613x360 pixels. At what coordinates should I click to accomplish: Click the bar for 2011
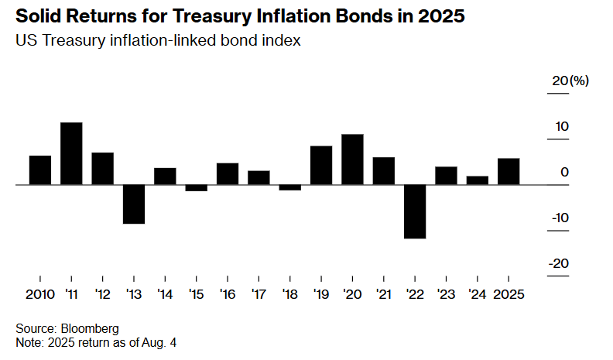click(x=71, y=153)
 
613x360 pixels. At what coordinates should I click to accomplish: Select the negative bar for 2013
click(x=134, y=204)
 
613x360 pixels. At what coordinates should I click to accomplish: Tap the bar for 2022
click(x=415, y=211)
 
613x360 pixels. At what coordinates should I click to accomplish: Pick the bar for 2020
click(x=352, y=159)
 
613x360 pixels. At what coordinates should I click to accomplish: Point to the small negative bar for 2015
click(x=197, y=187)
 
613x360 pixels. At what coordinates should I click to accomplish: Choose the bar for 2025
click(x=509, y=172)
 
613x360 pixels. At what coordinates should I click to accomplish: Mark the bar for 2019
click(x=321, y=166)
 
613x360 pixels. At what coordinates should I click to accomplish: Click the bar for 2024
click(x=478, y=180)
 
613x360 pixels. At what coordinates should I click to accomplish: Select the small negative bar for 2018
click(x=290, y=187)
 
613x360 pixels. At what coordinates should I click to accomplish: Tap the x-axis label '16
click(x=228, y=294)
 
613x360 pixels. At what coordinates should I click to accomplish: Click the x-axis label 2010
click(x=40, y=294)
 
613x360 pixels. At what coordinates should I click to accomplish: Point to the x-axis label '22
click(x=415, y=294)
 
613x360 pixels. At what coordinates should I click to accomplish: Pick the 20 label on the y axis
click(x=560, y=81)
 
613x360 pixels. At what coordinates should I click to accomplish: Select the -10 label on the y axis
click(x=560, y=218)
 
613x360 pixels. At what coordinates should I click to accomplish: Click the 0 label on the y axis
click(x=564, y=172)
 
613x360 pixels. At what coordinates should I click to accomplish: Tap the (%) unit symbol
click(x=579, y=81)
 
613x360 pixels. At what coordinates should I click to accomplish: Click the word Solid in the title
click(x=37, y=16)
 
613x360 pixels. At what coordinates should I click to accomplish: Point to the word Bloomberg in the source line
click(x=90, y=329)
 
